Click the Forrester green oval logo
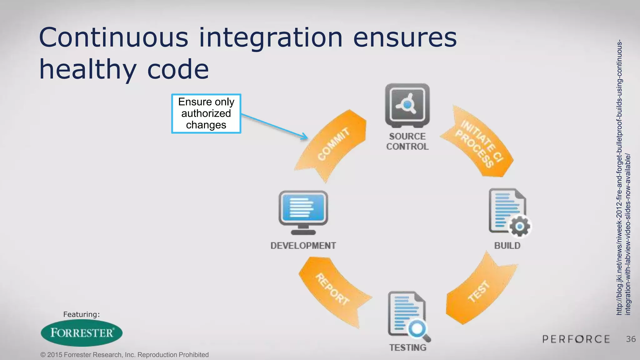pos(82,333)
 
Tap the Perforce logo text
pos(576,339)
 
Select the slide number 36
pos(631,339)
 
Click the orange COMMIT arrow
pos(333,144)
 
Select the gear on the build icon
pos(520,226)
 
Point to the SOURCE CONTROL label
pos(407,141)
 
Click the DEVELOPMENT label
pos(303,246)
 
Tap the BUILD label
pos(507,246)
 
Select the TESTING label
pos(407,347)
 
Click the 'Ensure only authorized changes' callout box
pos(206,113)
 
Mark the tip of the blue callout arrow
pos(307,138)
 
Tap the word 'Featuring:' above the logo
pos(81,314)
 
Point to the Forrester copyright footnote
pos(124,355)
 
